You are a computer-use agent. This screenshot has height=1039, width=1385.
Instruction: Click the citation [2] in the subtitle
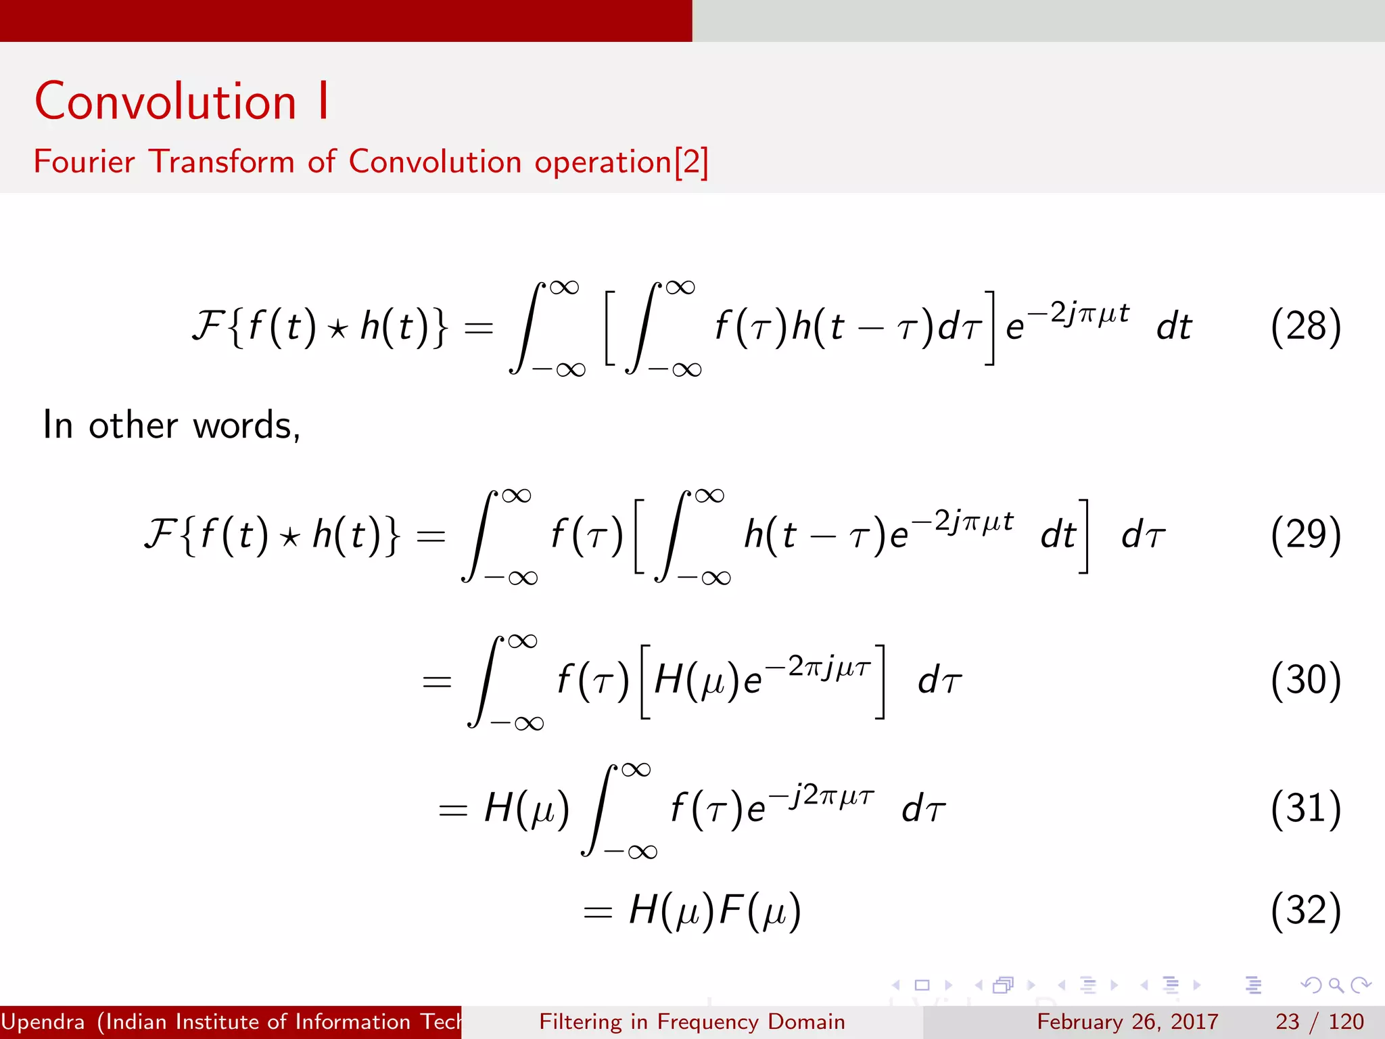pos(691,162)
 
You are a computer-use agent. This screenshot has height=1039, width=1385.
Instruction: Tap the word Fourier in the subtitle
pos(84,162)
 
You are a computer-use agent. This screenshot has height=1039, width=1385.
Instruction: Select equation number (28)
pos(1305,327)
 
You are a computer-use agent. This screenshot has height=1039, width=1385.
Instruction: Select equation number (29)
pos(1305,535)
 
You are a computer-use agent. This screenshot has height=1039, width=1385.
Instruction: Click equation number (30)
pos(1305,680)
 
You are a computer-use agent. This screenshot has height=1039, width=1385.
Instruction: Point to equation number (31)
pos(1305,808)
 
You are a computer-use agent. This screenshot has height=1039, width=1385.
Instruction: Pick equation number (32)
pos(1305,910)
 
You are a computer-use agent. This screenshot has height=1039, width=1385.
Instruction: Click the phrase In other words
pos(170,425)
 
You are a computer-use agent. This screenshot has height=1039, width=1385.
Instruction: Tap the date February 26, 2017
pos(1127,1021)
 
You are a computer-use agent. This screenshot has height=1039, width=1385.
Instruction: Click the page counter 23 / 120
pos(1319,1021)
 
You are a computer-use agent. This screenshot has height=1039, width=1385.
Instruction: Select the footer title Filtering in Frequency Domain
pos(692,1021)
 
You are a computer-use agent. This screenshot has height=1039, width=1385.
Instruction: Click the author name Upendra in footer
pos(43,1021)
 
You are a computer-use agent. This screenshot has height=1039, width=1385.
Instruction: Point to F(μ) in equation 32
pos(760,910)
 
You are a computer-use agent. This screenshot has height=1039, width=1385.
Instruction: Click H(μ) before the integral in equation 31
pos(527,808)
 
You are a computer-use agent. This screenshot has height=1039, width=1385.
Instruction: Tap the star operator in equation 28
pos(337,329)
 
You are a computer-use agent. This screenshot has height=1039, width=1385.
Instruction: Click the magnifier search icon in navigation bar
pos(1336,985)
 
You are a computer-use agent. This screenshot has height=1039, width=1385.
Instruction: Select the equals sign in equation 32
pos(598,913)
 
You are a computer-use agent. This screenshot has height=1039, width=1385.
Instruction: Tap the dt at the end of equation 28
pos(1174,327)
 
